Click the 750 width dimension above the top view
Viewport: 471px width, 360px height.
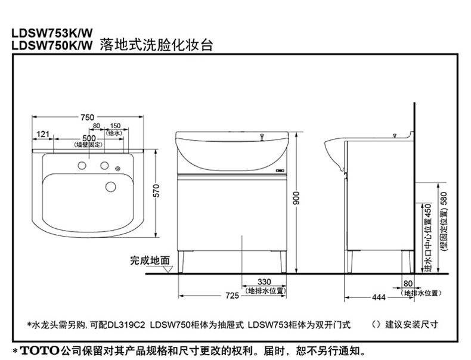tap(88, 118)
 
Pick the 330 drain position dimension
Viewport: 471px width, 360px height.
tap(264, 282)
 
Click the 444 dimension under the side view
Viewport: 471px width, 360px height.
tap(378, 296)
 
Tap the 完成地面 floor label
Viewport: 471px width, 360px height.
tap(150, 260)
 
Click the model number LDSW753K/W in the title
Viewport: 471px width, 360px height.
tap(48, 33)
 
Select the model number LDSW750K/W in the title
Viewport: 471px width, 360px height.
tap(48, 45)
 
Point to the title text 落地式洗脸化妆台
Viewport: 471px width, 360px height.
tap(156, 44)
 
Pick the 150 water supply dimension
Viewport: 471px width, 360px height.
tap(115, 126)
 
